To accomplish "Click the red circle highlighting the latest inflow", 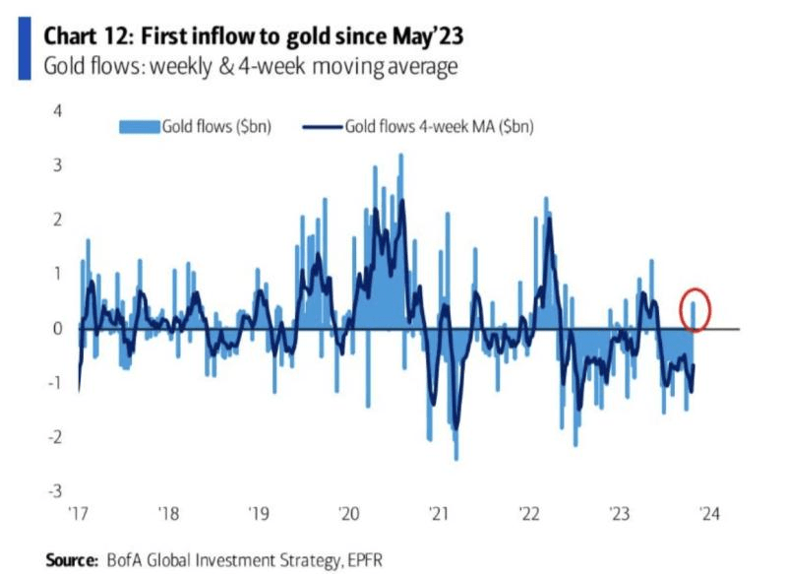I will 696,307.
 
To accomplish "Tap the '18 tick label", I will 167,512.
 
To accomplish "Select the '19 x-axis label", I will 258,512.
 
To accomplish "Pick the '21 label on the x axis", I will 438,512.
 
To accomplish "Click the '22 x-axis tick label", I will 528,512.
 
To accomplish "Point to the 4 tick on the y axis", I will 57,110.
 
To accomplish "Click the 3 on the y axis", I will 57,165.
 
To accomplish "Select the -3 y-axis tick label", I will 54,490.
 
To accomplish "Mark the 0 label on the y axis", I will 57,328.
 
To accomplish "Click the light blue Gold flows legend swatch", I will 139,126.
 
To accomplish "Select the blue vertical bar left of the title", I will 23,48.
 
